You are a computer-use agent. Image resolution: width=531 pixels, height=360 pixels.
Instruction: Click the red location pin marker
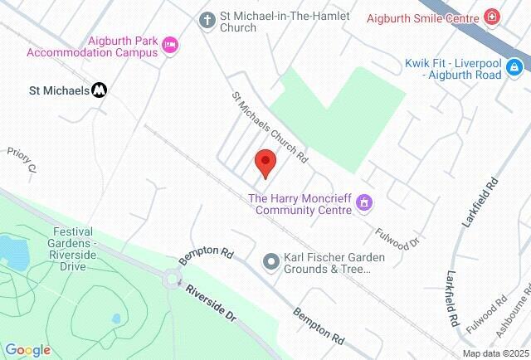tap(265, 163)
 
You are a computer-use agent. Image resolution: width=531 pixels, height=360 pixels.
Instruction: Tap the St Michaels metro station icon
tap(99, 90)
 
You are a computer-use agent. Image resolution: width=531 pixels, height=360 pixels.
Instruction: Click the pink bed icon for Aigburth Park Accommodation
tap(170, 45)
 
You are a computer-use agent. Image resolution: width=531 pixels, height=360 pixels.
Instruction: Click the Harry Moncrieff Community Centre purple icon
tap(367, 203)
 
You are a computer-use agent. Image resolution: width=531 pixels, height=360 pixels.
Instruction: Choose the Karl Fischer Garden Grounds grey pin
tap(270, 262)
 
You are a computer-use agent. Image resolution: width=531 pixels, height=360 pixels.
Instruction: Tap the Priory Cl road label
tap(23, 160)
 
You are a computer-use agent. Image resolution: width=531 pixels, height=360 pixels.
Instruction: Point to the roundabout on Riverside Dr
tap(174, 280)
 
